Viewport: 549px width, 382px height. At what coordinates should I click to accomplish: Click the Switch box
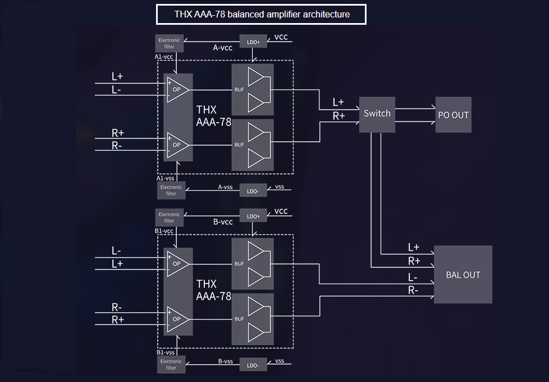pyautogui.click(x=377, y=114)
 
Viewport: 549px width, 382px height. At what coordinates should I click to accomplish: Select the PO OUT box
pyautogui.click(x=453, y=115)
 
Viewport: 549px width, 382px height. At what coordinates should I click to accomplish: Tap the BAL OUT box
pyautogui.click(x=463, y=275)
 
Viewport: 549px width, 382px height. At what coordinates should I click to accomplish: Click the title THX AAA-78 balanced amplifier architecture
pyautogui.click(x=261, y=15)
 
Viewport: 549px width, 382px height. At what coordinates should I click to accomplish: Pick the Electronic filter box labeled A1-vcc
pyautogui.click(x=170, y=43)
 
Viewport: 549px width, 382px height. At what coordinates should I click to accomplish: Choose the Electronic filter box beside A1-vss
pyautogui.click(x=171, y=190)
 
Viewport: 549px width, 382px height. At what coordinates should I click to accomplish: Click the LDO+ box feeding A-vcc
pyautogui.click(x=253, y=41)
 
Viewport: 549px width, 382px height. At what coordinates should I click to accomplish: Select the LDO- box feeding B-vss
pyautogui.click(x=253, y=364)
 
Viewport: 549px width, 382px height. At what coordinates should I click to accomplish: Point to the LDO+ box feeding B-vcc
pyautogui.click(x=253, y=216)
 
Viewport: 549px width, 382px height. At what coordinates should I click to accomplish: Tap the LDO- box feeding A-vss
pyautogui.click(x=253, y=190)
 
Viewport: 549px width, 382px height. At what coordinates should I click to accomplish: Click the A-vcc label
pyautogui.click(x=223, y=48)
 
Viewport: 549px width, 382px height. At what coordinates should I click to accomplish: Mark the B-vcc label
pyautogui.click(x=223, y=222)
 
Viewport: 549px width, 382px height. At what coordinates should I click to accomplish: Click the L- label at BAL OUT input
pyautogui.click(x=413, y=277)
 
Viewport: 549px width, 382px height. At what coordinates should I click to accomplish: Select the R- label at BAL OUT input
pyautogui.click(x=413, y=290)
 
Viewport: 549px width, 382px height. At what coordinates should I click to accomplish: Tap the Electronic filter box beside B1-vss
pyautogui.click(x=171, y=365)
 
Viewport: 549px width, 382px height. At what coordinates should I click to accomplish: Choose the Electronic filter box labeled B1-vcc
pyautogui.click(x=170, y=217)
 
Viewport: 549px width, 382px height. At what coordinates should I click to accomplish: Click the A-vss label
pyautogui.click(x=225, y=187)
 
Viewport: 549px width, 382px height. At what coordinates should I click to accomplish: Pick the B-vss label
pyautogui.click(x=225, y=361)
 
